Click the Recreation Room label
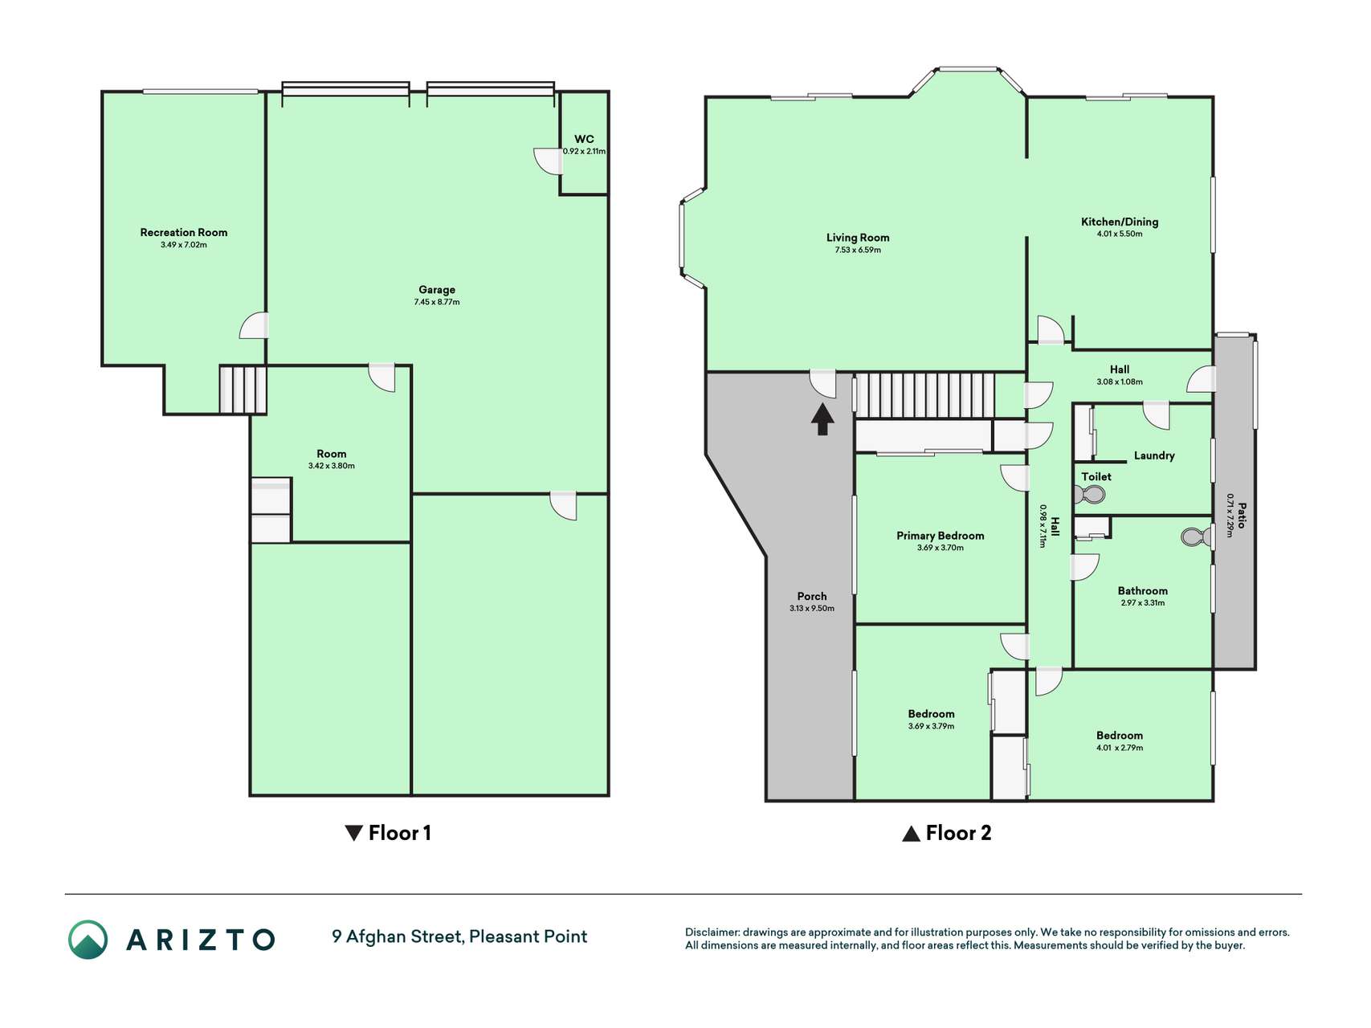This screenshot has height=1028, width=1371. click(183, 232)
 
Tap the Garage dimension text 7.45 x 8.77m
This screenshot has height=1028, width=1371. click(437, 302)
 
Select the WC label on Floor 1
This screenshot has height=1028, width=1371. click(584, 139)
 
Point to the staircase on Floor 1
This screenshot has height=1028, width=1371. click(243, 390)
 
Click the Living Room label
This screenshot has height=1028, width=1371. click(858, 237)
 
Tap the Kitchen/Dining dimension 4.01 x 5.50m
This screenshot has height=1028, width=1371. click(1120, 234)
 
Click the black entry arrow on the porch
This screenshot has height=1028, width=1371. click(822, 419)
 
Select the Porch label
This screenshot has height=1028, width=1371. click(812, 596)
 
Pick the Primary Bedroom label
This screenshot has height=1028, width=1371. click(941, 536)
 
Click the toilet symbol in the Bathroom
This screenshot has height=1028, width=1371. click(1197, 536)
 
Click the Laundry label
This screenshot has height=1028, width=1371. click(1154, 455)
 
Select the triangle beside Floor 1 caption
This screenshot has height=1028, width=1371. click(353, 833)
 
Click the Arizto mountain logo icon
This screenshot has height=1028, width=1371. click(88, 940)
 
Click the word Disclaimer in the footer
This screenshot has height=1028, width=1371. click(712, 932)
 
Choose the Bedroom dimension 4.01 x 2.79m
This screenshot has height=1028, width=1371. click(1120, 748)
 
